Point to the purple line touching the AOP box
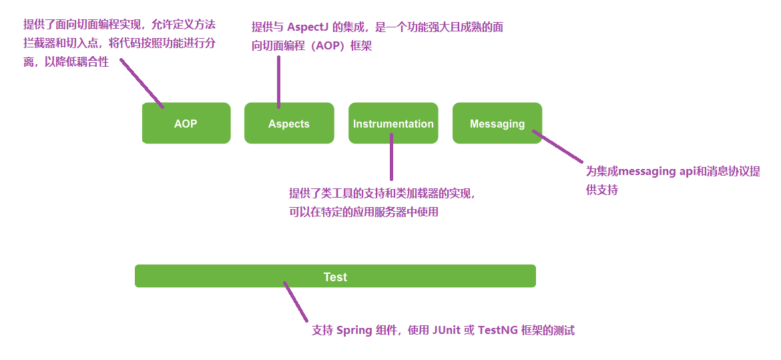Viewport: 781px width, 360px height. (x=142, y=82)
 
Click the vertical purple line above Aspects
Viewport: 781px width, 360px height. (x=278, y=80)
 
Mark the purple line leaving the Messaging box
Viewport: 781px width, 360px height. (x=558, y=146)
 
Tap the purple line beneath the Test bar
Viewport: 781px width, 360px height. (x=295, y=302)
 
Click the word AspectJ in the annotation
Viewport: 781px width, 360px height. (x=308, y=27)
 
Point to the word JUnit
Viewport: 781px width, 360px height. (x=447, y=331)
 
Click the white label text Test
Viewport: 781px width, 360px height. (x=335, y=277)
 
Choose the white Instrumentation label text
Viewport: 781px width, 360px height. (x=393, y=124)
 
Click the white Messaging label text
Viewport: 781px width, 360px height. (x=497, y=124)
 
